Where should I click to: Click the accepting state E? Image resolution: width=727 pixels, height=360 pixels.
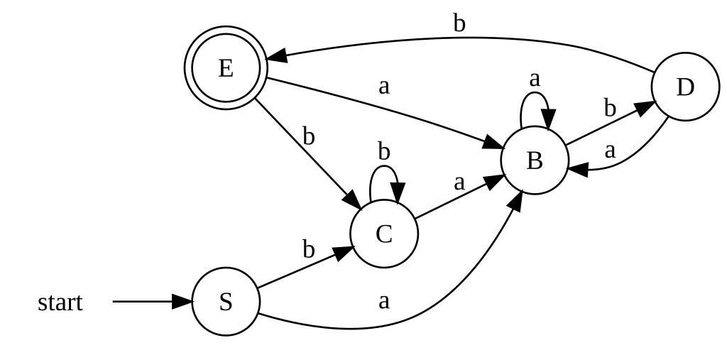click(x=226, y=68)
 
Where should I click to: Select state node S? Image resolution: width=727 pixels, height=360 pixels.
click(x=226, y=302)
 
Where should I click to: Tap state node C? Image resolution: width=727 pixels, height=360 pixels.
click(x=384, y=234)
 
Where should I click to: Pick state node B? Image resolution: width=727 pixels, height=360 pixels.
click(x=535, y=160)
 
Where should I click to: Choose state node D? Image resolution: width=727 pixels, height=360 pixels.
click(x=684, y=87)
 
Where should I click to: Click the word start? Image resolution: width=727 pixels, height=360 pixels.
click(x=60, y=302)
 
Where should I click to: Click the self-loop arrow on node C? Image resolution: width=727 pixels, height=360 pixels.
click(x=384, y=169)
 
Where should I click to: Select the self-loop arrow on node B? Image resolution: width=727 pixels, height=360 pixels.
click(x=535, y=95)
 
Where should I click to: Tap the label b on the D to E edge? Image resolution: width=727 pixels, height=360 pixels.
click(x=459, y=24)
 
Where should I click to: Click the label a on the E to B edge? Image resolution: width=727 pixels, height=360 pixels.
click(x=384, y=87)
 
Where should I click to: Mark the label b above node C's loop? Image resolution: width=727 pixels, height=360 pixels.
click(x=384, y=151)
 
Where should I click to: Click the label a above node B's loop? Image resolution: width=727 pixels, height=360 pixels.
click(x=535, y=77)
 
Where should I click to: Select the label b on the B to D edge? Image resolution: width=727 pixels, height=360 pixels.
click(x=609, y=108)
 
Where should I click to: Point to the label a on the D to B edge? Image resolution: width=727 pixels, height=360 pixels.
click(x=609, y=151)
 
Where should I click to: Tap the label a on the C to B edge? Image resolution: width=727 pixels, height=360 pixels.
click(x=459, y=182)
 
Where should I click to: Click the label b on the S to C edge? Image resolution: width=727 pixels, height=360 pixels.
click(x=308, y=249)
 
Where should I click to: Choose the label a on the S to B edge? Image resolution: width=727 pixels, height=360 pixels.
click(x=384, y=301)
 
